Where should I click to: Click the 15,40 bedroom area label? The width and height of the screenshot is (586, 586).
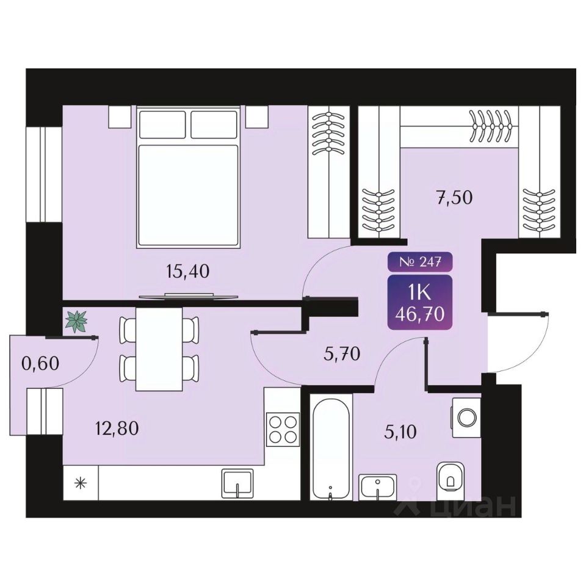(187, 272)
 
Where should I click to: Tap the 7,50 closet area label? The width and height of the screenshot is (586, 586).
(455, 197)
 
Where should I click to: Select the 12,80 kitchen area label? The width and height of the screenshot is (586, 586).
(117, 429)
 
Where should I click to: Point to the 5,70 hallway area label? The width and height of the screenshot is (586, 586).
(342, 353)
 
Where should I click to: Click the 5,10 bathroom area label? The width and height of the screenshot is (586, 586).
(400, 432)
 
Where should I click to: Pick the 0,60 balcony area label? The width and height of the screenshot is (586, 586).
(40, 364)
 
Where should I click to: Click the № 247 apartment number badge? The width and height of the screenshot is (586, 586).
(420, 262)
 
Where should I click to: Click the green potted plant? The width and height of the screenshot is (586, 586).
(76, 322)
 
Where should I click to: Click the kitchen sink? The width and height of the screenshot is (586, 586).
(237, 483)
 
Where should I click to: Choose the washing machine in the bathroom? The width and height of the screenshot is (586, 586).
(466, 418)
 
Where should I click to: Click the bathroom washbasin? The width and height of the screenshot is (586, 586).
(377, 487)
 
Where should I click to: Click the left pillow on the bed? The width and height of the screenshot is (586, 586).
(162, 125)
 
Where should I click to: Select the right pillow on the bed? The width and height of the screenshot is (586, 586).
(214, 125)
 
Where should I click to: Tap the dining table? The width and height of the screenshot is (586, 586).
(159, 349)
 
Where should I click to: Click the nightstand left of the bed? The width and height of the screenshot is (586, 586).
(120, 117)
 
